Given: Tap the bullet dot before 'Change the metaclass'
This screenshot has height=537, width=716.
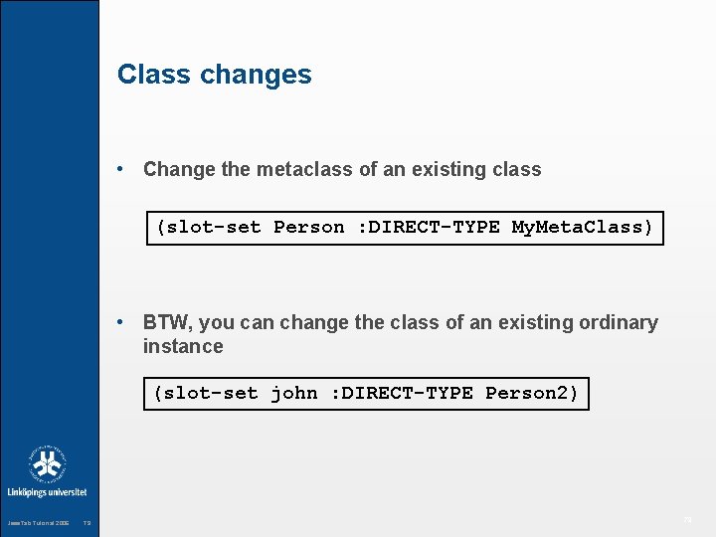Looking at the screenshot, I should pos(120,169).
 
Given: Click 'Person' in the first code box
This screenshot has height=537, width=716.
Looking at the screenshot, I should pos(308,227).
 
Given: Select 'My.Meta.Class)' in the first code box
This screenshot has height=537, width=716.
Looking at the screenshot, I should pos(583,227).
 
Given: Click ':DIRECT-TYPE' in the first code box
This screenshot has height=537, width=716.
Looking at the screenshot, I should pos(428,227).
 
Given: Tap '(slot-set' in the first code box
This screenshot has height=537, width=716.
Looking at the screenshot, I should pos(209,227).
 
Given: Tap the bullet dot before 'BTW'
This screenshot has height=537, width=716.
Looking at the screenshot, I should pos(120,322).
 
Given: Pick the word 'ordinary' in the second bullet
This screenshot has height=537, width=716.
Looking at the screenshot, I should pos(621,322).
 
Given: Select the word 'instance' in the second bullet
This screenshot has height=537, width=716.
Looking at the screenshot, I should pos(183,346).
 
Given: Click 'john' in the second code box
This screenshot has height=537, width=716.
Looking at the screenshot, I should pos(294,393).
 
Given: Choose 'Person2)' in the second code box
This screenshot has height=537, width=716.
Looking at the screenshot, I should pos(532,393).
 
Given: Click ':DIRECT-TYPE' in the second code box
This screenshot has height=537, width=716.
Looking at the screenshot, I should pos(402,393).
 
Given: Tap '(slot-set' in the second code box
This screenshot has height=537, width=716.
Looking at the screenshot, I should pos(206,393).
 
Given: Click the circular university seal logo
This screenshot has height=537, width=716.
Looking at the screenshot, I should pos(47,464).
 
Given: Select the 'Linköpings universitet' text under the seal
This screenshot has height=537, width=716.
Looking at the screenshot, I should pos(47,492).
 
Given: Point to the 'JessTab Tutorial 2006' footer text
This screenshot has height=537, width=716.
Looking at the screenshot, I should pos(38,523).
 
